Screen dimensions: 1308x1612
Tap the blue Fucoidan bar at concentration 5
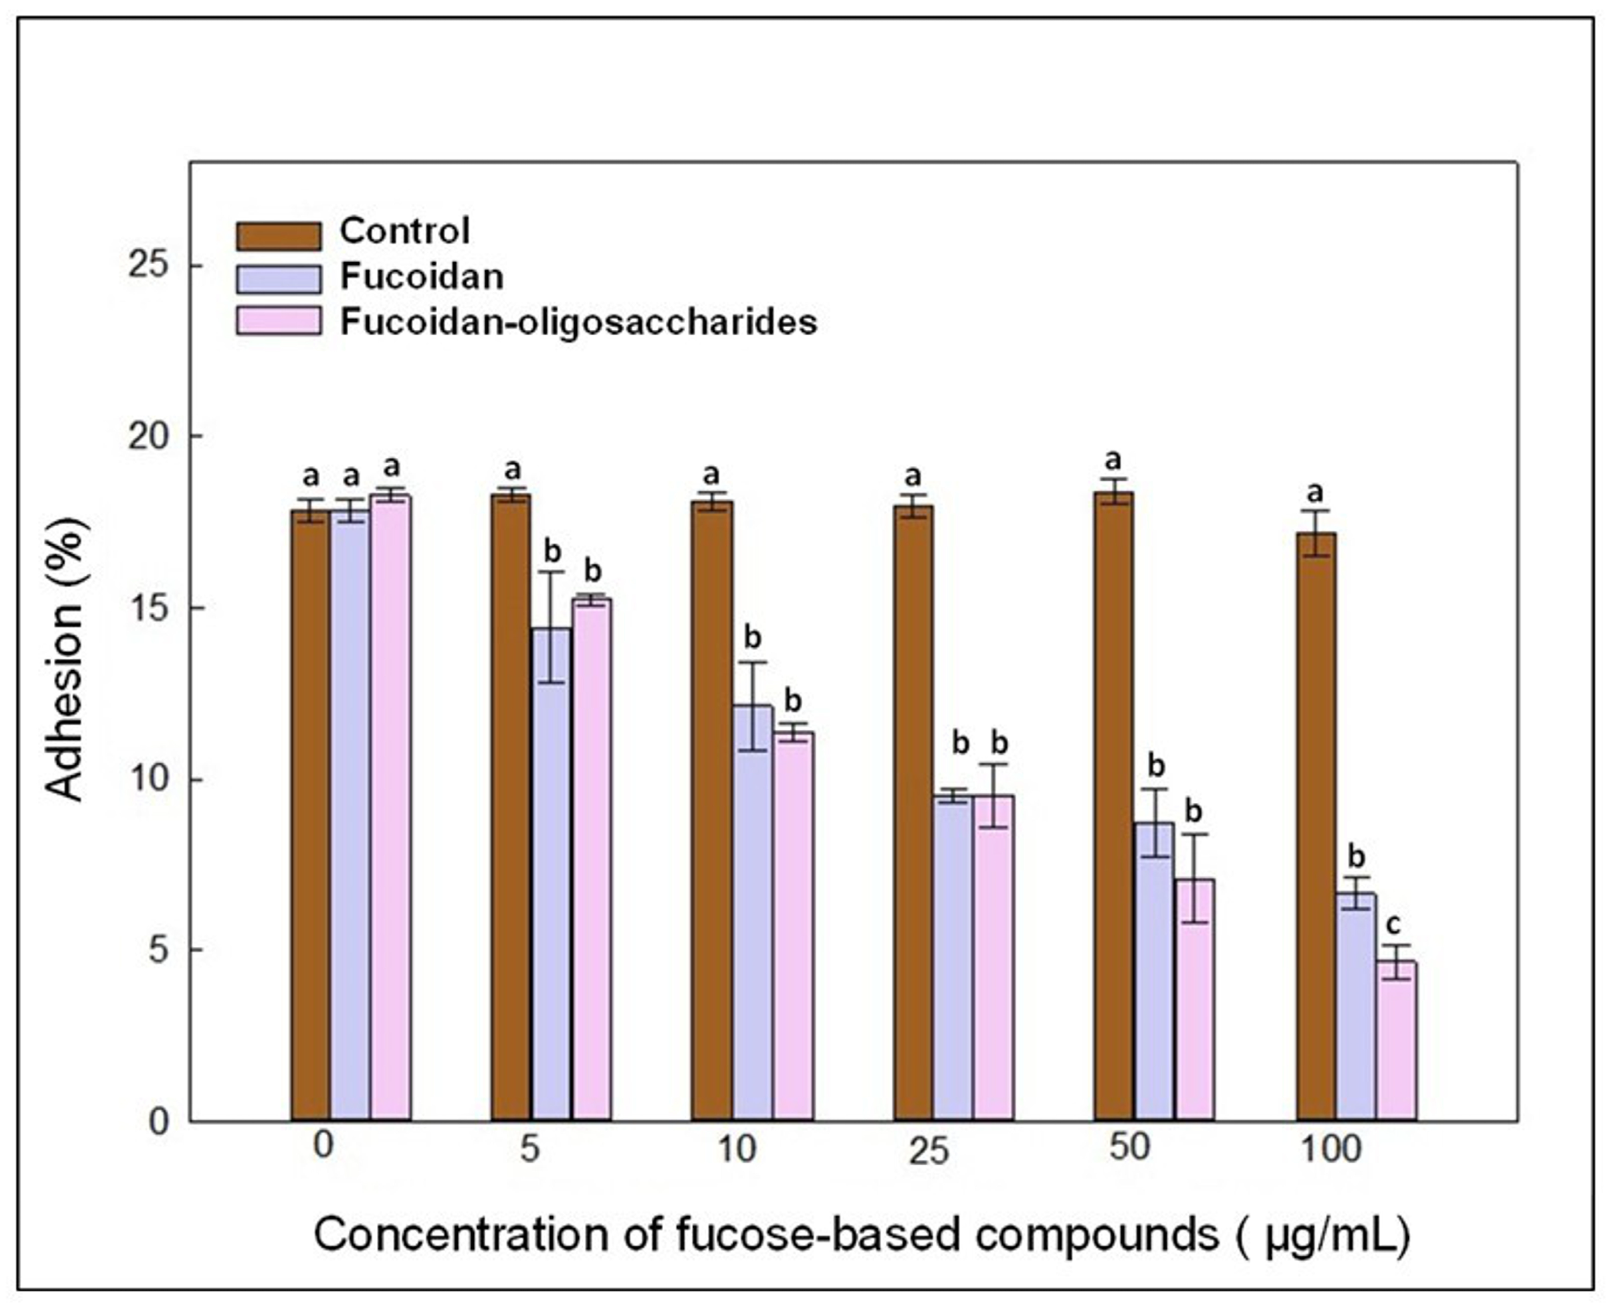[552, 874]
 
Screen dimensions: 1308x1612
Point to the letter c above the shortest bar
[1394, 924]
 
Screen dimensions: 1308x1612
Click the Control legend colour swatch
[279, 235]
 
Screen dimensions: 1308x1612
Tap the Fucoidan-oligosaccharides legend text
[578, 322]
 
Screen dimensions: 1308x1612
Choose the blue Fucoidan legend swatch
[279, 278]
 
